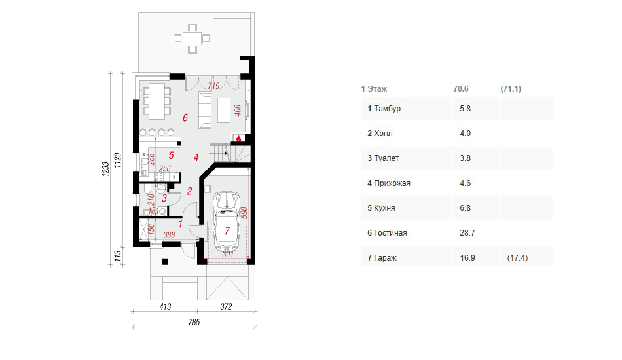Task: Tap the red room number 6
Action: (x=185, y=118)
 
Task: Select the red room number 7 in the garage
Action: (x=227, y=231)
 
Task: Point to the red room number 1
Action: (x=180, y=224)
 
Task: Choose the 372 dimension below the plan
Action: (x=226, y=306)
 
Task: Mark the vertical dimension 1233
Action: (x=104, y=169)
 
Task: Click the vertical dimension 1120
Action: (x=118, y=160)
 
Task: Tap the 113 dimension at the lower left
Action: (x=118, y=255)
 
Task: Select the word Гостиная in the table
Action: (x=391, y=233)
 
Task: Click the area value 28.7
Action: (x=466, y=233)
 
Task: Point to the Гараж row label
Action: (x=386, y=258)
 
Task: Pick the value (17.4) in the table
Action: (x=517, y=258)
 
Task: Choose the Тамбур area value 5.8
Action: (x=466, y=109)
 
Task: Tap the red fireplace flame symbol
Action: (x=240, y=138)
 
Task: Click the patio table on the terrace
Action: (x=192, y=38)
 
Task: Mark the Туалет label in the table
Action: (x=386, y=158)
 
